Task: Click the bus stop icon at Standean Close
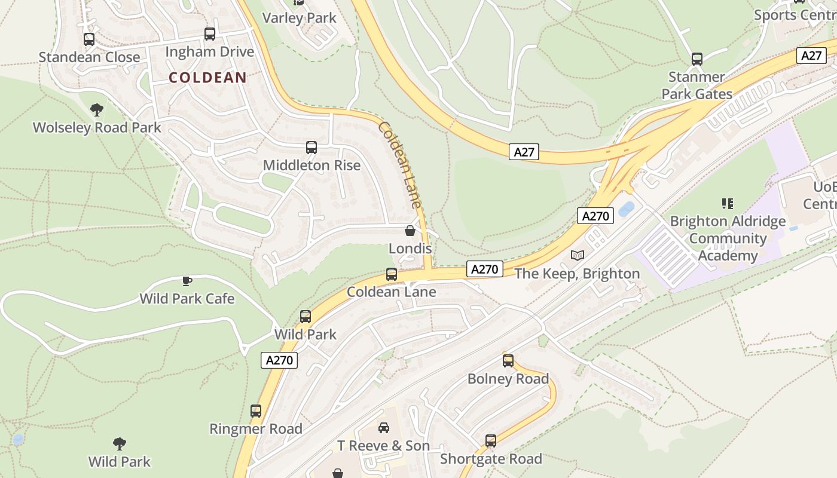point(89,39)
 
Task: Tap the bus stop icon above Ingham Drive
point(210,34)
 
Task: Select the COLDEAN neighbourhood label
point(207,77)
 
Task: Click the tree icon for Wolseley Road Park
point(96,110)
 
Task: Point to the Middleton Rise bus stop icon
point(311,148)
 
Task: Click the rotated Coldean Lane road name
point(400,165)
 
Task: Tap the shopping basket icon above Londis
point(410,231)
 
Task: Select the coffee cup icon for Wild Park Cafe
point(187,281)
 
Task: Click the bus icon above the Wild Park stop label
point(306,317)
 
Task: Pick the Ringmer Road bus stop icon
point(256,411)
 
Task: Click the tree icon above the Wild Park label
point(120,444)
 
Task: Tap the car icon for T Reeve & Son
point(384,428)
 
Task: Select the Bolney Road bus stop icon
point(508,361)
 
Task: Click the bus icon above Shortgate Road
point(491,441)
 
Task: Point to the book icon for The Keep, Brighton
point(577,256)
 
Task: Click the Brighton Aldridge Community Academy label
point(728,238)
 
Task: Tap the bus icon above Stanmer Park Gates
point(697,59)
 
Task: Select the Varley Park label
point(300,18)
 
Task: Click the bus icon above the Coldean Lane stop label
point(392,274)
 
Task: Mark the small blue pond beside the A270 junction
point(627,209)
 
